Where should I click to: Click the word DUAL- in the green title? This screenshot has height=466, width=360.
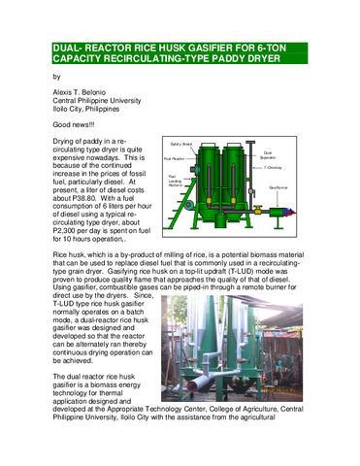[73, 47]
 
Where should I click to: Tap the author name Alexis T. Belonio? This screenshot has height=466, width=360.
[86, 93]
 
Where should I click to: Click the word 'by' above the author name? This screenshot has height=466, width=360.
[55, 76]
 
